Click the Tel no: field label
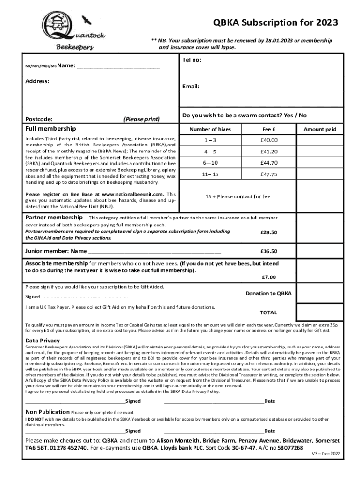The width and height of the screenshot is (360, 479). [192, 60]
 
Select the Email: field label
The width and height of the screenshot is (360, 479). [191, 87]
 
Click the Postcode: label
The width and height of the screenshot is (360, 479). [39, 119]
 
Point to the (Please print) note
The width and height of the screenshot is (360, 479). [141, 119]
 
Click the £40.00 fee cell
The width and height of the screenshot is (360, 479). [269, 140]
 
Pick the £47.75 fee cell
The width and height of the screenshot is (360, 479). [269, 174]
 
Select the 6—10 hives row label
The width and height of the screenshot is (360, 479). [210, 163]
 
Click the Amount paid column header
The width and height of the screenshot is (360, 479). [320, 129]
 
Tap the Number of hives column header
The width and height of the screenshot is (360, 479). [210, 129]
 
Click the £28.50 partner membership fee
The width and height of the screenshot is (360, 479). [269, 232]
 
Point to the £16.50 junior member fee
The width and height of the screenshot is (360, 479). [269, 251]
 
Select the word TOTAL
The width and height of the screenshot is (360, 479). [269, 312]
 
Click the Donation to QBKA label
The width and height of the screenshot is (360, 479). [268, 293]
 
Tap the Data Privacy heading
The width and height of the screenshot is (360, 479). [43, 341]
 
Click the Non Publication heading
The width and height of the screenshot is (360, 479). [47, 412]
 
